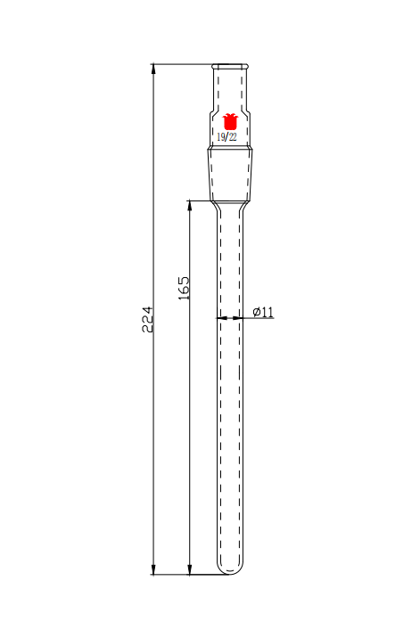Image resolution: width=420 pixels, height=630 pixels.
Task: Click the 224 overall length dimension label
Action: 147,319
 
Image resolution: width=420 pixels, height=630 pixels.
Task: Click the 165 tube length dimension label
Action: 184,288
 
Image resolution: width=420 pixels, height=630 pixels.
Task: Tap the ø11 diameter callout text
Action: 263,311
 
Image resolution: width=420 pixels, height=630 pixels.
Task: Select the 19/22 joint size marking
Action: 227,137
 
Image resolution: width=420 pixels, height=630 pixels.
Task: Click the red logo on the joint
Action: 230,121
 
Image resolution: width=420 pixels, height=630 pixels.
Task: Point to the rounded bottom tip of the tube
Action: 230,574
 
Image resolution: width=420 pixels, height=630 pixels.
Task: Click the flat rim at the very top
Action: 230,65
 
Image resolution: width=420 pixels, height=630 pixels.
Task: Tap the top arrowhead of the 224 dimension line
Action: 153,70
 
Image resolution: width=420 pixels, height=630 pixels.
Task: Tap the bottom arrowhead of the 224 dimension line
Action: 153,569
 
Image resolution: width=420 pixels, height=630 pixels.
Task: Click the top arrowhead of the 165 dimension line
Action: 190,206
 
